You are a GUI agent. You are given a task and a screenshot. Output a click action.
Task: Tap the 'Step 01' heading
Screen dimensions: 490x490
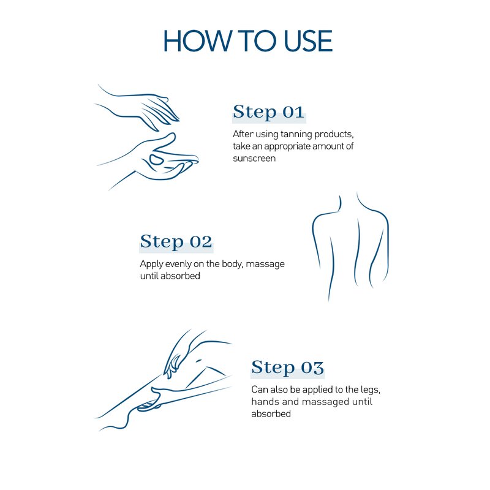(x=268, y=112)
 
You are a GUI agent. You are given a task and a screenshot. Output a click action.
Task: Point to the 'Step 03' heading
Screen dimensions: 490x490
(x=287, y=367)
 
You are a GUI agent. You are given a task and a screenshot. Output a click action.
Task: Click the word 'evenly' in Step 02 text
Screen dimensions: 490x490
(x=178, y=264)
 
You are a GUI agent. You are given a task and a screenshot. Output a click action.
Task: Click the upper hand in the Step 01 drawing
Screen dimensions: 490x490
(x=153, y=108)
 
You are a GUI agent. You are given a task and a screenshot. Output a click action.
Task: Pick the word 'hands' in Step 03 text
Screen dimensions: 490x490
(x=265, y=402)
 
